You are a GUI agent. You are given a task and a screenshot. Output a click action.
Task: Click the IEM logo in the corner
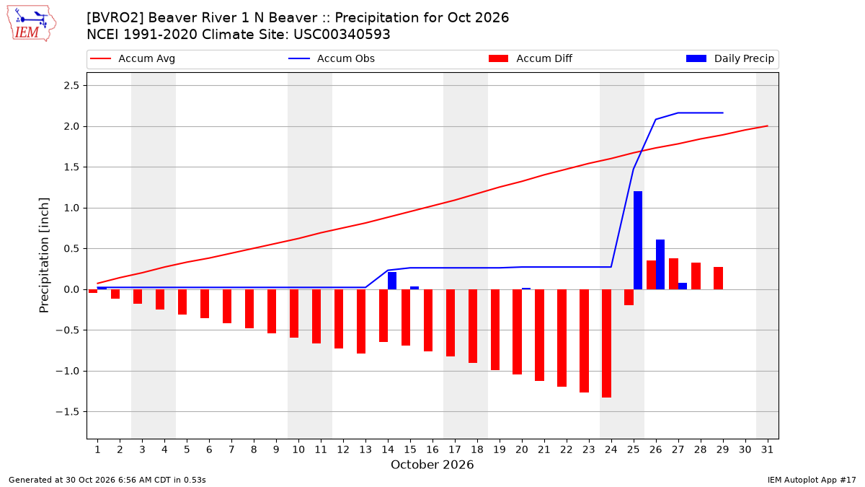pyautogui.click(x=31, y=24)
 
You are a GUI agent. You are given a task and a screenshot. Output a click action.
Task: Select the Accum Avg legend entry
pyautogui.click(x=133, y=58)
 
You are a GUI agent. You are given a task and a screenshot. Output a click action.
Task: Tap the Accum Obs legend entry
pyautogui.click(x=332, y=58)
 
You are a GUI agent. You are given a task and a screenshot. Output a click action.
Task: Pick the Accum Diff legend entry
pyautogui.click(x=531, y=58)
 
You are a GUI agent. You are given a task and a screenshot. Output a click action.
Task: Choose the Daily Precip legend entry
pyautogui.click(x=729, y=58)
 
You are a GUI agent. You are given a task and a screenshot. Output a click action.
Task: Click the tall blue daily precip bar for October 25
pyautogui.click(x=638, y=240)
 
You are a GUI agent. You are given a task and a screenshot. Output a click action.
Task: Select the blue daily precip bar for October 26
pyautogui.click(x=660, y=265)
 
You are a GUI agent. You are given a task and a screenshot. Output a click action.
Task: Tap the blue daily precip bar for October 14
pyautogui.click(x=392, y=281)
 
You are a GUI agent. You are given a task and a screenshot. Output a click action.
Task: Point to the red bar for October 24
pyautogui.click(x=607, y=343)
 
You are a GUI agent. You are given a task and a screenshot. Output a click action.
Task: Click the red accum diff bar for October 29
pyautogui.click(x=718, y=278)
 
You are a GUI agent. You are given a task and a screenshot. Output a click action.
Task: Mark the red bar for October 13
pyautogui.click(x=361, y=322)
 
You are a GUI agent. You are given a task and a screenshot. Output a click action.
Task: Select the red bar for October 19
pyautogui.click(x=495, y=330)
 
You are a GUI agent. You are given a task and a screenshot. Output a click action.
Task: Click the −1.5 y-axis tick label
pyautogui.click(x=68, y=412)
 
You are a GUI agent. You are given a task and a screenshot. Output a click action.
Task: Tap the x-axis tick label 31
pyautogui.click(x=767, y=450)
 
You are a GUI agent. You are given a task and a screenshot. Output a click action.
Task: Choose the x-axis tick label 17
pyautogui.click(x=455, y=450)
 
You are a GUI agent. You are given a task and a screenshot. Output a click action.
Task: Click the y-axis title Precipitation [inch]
pyautogui.click(x=44, y=255)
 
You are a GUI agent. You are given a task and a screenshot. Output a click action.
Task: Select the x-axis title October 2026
pyautogui.click(x=432, y=465)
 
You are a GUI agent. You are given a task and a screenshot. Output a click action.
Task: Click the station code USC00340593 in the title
pyautogui.click(x=342, y=35)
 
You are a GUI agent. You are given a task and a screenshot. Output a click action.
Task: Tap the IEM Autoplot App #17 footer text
pyautogui.click(x=812, y=480)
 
